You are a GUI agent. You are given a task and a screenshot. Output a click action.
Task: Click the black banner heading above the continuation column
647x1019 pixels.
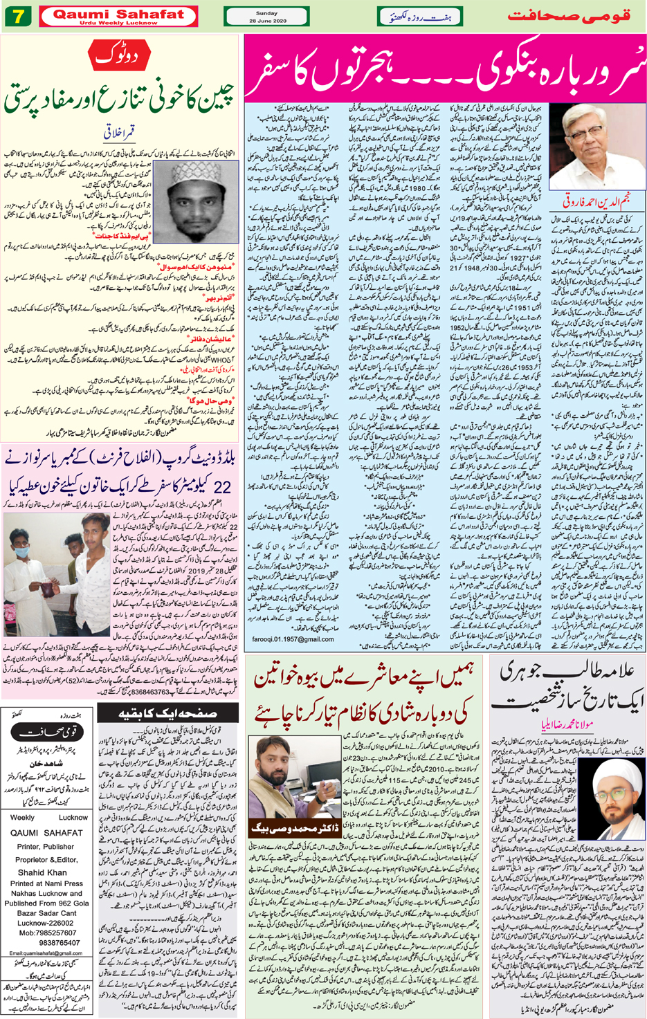click(167, 713)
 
